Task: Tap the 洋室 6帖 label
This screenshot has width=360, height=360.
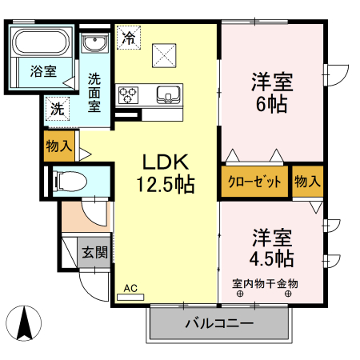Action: coord(272,92)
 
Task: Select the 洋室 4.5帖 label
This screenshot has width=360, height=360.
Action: coord(273,248)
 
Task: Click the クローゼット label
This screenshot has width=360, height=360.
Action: coord(254,182)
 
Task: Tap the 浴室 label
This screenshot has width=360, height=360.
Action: coord(43,70)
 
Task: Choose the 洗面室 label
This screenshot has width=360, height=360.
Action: coord(94,91)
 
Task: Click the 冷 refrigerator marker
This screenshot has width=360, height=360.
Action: coord(128,37)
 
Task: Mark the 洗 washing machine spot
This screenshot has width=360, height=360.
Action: coord(57,107)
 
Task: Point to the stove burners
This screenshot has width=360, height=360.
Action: coord(128,95)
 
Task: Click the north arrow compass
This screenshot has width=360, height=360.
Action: coord(25,323)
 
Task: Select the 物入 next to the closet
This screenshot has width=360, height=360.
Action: coord(307,182)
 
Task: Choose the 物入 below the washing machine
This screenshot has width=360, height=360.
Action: coord(59,146)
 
